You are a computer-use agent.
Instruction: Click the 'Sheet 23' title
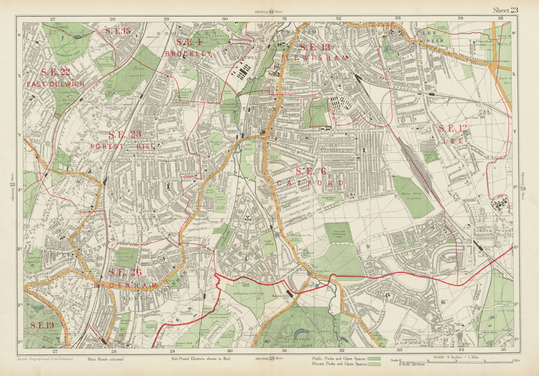click(505, 10)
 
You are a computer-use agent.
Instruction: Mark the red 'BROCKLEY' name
click(188, 54)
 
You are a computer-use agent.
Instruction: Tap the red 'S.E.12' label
click(453, 128)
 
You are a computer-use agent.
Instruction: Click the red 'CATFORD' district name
click(310, 183)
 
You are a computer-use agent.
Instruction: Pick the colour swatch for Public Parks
click(374, 358)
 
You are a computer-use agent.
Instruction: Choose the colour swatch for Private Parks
click(374, 364)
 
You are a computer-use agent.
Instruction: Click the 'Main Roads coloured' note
click(105, 359)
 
